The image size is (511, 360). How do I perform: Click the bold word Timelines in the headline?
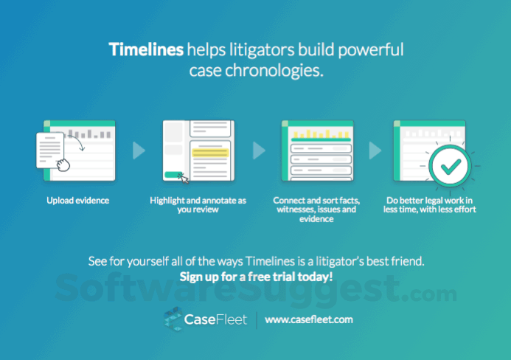click(146, 50)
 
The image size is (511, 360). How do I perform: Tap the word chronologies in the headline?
click(284, 72)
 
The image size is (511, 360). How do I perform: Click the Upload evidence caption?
click(78, 200)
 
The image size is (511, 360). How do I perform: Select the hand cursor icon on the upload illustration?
click(64, 164)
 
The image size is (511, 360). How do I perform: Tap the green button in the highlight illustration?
click(174, 175)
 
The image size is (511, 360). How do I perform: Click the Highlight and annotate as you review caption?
click(197, 204)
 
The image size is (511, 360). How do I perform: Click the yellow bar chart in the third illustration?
click(317, 135)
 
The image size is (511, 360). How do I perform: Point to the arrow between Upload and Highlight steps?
click(139, 151)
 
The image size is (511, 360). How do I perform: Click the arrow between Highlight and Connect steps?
click(258, 151)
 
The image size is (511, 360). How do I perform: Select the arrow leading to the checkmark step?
click(375, 151)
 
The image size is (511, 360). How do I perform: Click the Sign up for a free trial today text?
click(256, 277)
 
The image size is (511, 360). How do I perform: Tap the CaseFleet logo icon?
click(174, 319)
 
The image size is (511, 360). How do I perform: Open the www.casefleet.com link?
click(308, 319)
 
